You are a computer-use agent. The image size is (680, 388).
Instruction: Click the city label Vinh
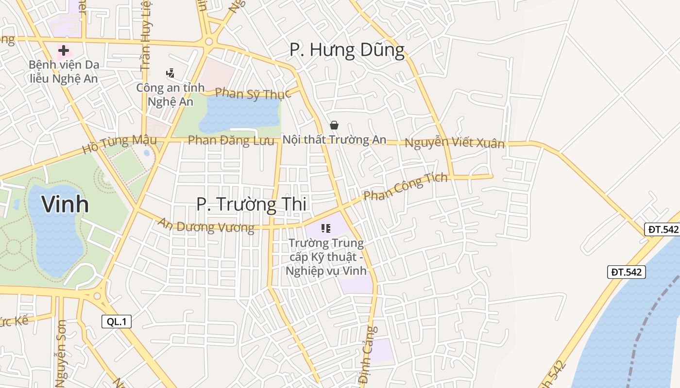[65, 204]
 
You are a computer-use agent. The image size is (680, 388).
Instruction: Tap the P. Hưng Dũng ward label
[347, 50]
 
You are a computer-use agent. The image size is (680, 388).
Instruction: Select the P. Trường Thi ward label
[251, 204]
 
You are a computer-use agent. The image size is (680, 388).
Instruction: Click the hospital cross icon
[63, 50]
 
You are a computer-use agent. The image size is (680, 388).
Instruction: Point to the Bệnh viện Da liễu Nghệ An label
[63, 71]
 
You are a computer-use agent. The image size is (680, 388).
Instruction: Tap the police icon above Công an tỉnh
[170, 74]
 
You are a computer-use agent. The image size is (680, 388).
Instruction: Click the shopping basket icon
[334, 125]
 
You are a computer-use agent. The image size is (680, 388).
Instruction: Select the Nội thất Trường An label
[334, 140]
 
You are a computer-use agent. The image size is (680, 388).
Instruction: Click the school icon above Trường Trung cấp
[325, 228]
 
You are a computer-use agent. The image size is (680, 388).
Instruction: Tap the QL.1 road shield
[117, 321]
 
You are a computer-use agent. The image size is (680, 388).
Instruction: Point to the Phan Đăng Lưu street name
[231, 141]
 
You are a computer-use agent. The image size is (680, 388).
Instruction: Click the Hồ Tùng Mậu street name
[119, 144]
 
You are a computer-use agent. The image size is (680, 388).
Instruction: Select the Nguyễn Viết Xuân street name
[455, 143]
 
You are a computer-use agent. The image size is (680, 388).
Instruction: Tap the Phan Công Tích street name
[406, 186]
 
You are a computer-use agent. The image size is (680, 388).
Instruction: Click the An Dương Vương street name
[206, 226]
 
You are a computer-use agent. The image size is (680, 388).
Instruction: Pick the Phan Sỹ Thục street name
[252, 93]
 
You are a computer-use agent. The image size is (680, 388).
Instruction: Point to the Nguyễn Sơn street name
[61, 353]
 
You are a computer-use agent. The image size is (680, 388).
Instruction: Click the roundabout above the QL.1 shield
[97, 295]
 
